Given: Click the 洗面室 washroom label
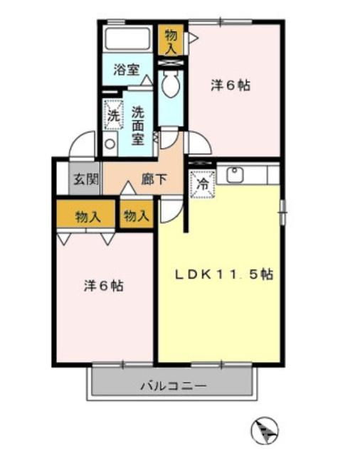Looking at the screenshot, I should pyautogui.click(x=138, y=125).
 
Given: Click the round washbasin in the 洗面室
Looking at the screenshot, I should pyautogui.click(x=110, y=144).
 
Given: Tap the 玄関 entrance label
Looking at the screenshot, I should pyautogui.click(x=84, y=179).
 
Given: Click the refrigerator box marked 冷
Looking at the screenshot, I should pyautogui.click(x=201, y=182).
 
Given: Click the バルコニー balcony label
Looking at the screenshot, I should pyautogui.click(x=172, y=387).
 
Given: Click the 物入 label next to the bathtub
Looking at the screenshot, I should pyautogui.click(x=170, y=40).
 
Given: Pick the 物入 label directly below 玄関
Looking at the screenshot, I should pyautogui.click(x=87, y=216).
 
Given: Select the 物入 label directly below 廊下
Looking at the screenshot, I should pyautogui.click(x=135, y=216).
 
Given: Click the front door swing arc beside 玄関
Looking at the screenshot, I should pyautogui.click(x=83, y=145).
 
